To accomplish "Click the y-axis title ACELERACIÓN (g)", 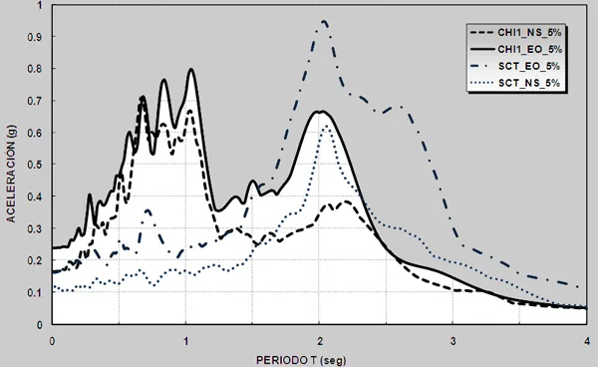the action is (x=11, y=174).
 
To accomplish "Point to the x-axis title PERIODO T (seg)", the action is (x=301, y=360).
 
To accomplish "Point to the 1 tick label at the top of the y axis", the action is (x=40, y=5).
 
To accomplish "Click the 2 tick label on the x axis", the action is (x=320, y=341).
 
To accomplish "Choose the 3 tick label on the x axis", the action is (x=452, y=341).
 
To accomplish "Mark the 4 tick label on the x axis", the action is (x=587, y=341).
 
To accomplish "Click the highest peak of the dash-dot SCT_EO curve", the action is (x=324, y=21).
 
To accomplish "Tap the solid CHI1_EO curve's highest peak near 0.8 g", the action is (x=191, y=69).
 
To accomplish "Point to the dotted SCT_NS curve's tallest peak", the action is (x=326, y=126).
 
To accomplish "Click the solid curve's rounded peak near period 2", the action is (x=320, y=112).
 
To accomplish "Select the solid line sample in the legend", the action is (x=482, y=49).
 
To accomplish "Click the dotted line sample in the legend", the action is (x=482, y=83).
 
